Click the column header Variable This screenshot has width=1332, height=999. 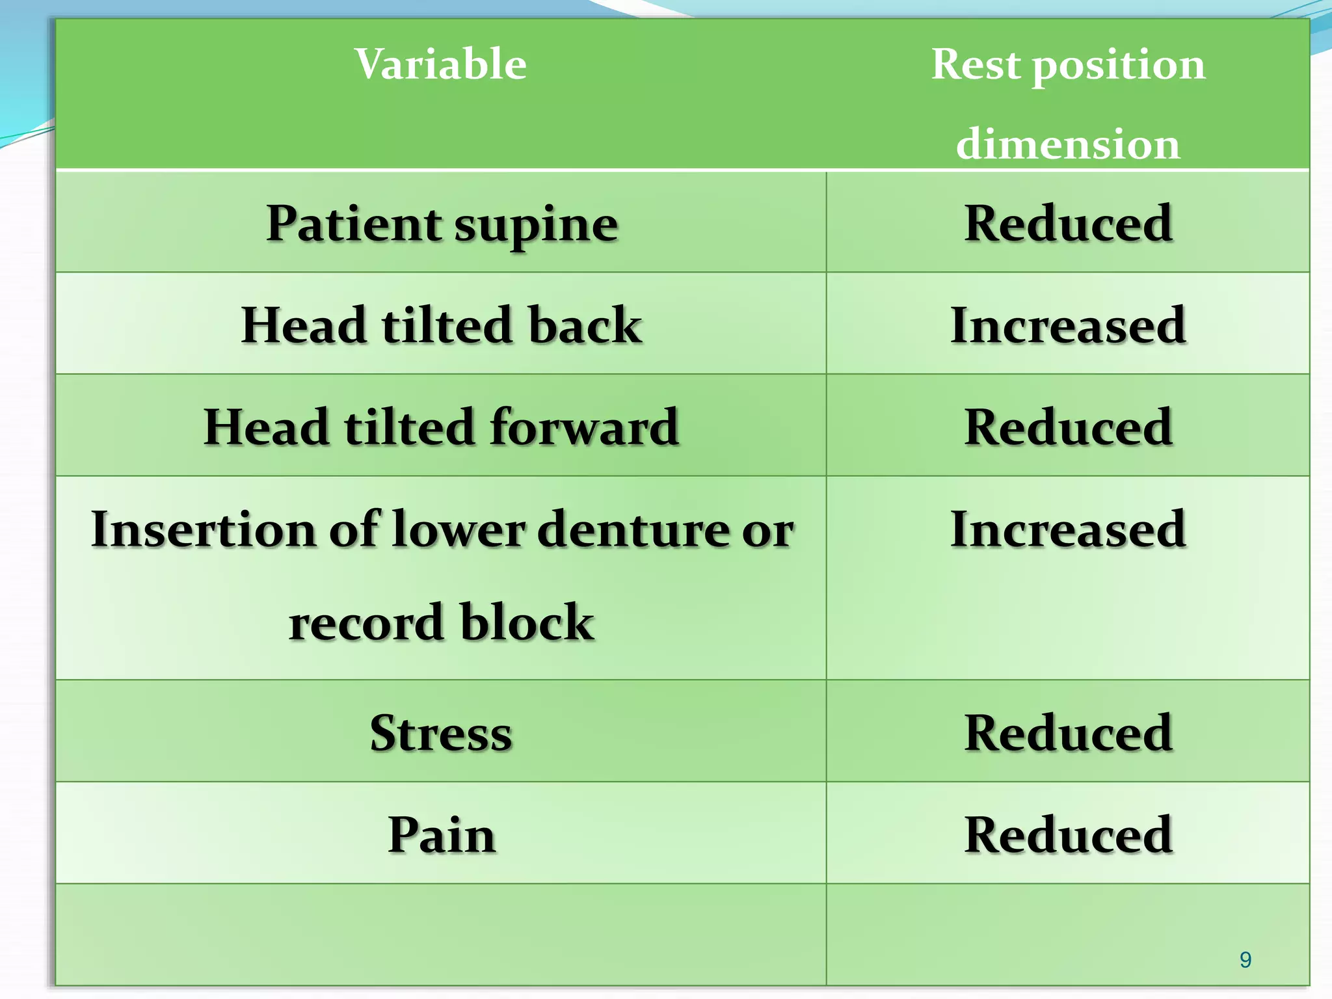click(440, 64)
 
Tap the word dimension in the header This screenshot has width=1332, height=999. click(1067, 144)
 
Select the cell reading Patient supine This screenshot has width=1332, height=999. click(442, 224)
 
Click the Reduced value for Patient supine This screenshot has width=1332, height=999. click(1068, 224)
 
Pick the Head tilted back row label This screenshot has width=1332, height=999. click(442, 325)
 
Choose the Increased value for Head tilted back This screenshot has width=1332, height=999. click(1068, 325)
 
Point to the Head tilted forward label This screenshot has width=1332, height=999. click(442, 427)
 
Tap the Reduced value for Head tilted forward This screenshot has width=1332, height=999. click(1068, 427)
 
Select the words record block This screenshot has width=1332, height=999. click(442, 622)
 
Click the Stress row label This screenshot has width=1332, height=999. click(442, 733)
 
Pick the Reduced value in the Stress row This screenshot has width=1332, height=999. click(1068, 733)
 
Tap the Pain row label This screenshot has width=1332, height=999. click(442, 834)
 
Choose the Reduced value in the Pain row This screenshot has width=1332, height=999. click(1068, 834)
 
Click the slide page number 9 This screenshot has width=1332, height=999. click(1245, 959)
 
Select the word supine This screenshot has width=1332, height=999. click(536, 225)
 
